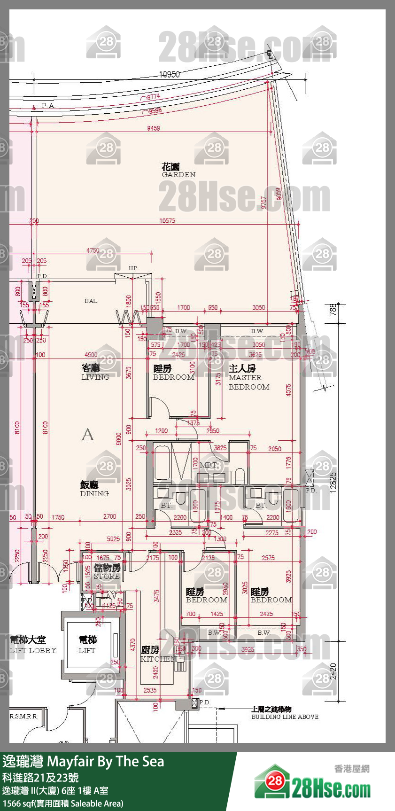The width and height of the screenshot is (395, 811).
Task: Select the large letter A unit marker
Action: click(x=87, y=435)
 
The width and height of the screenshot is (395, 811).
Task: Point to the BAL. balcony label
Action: click(x=91, y=301)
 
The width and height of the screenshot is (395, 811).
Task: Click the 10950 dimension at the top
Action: click(x=170, y=74)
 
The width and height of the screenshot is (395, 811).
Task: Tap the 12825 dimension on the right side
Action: click(x=333, y=482)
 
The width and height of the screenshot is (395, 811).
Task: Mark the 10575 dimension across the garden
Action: click(x=167, y=220)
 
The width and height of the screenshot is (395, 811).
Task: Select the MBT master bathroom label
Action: click(x=208, y=465)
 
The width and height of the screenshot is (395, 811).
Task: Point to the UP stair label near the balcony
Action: click(x=133, y=268)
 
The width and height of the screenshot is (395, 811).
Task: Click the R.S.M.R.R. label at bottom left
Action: click(x=24, y=717)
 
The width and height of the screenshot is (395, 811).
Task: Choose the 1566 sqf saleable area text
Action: click(x=62, y=803)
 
